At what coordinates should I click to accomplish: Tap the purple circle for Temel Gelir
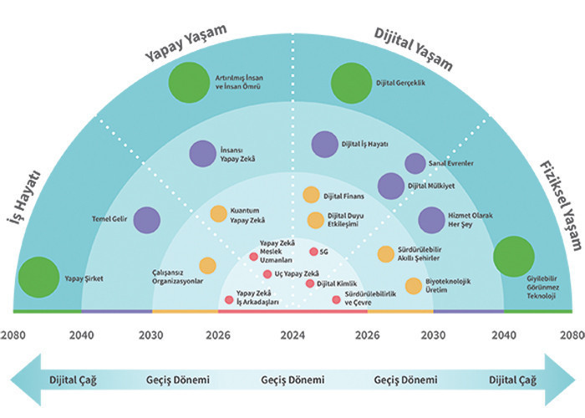146,220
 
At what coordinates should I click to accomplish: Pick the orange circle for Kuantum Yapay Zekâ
218,214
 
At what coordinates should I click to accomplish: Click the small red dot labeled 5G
313,252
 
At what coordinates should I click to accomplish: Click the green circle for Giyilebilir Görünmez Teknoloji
513,257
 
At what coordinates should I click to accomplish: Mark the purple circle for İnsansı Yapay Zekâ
201,154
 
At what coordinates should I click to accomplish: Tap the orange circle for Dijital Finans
311,196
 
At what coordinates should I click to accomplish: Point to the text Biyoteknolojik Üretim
450,286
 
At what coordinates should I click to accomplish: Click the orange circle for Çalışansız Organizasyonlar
207,266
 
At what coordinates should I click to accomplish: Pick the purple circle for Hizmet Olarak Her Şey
431,220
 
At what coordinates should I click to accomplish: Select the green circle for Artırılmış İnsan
185,84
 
